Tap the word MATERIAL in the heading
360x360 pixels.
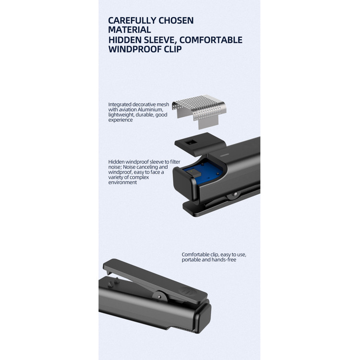130,30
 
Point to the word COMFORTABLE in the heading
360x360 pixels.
211,40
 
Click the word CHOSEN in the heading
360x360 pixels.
176,21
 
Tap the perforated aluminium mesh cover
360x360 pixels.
199,110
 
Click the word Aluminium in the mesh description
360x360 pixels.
150,110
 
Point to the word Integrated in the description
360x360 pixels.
120,105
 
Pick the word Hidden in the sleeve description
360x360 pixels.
117,162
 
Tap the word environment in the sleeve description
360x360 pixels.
122,182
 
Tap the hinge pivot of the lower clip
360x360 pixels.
160,297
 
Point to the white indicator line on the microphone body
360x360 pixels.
224,155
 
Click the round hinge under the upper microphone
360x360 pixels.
234,195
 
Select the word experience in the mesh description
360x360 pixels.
120,120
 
